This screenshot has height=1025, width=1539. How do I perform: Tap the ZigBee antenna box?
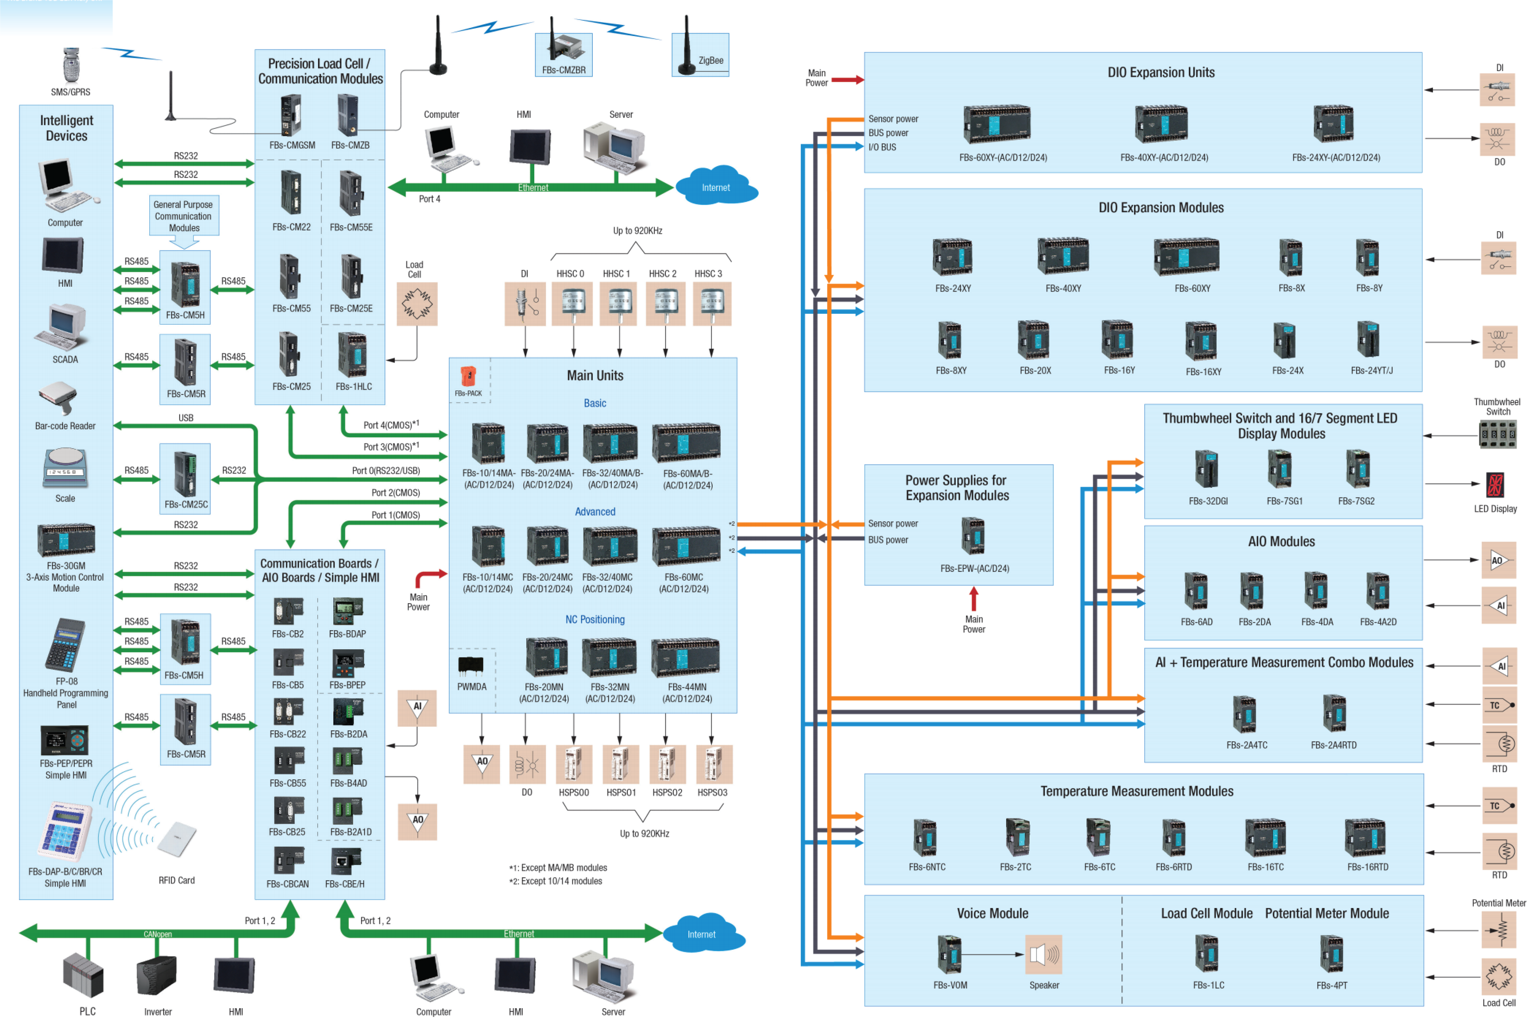pos(700,55)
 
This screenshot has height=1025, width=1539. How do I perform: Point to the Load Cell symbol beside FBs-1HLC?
pos(416,304)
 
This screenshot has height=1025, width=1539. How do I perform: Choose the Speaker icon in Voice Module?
pos(1044,954)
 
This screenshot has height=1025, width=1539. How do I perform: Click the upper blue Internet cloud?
pos(716,186)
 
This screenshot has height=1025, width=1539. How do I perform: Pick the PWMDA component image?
pos(471,666)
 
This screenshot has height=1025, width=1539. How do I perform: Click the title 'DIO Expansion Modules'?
pos(1161,207)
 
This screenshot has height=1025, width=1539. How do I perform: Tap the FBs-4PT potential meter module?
pos(1331,954)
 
